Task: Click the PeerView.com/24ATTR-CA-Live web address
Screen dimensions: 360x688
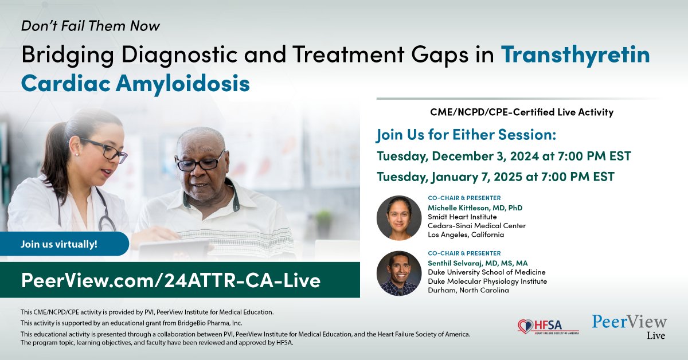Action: tap(170, 280)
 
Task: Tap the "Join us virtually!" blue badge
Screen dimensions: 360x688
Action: tap(59, 244)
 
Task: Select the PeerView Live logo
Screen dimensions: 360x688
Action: tap(629, 326)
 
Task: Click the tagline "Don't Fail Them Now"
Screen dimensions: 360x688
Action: tap(90, 26)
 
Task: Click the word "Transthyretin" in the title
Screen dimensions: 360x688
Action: tap(576, 55)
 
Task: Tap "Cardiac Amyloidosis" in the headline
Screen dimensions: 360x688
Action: tap(135, 84)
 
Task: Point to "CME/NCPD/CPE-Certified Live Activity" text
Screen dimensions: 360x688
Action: tap(521, 112)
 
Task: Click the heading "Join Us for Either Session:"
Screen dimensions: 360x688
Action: tap(466, 136)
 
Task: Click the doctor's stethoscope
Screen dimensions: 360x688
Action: tap(106, 212)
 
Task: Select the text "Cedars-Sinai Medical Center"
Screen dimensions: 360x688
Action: tap(477, 226)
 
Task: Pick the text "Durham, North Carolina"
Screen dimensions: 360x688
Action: tap(468, 290)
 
